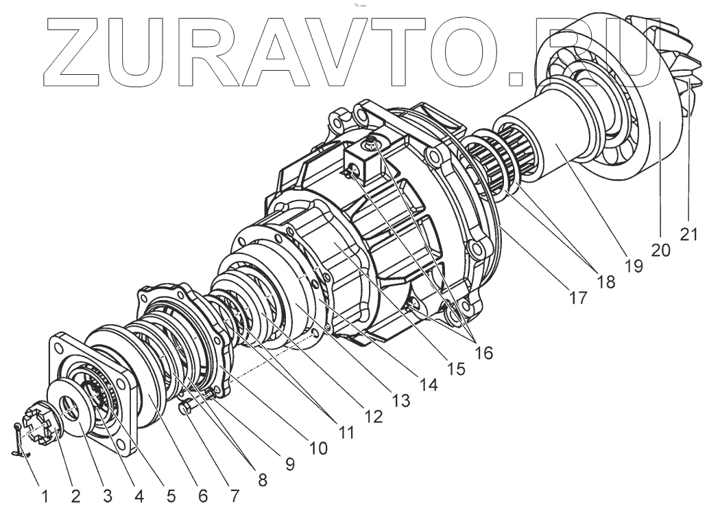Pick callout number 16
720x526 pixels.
tap(482, 352)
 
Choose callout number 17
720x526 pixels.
tap(578, 298)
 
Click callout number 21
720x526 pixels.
tap(689, 234)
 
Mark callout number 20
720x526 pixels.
tap(660, 250)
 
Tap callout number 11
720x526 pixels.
tap(345, 433)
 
